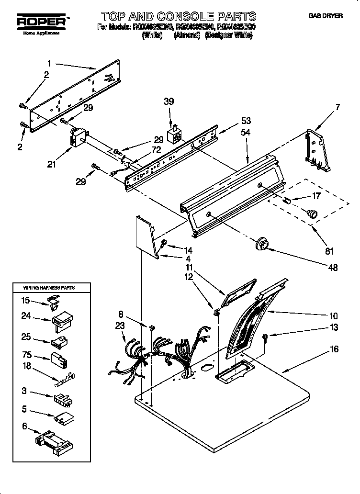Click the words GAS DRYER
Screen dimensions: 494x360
326,16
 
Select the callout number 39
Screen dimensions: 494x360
169,101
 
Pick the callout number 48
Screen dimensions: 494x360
332,268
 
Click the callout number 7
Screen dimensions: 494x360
338,107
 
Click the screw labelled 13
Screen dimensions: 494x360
266,338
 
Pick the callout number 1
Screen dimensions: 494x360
49,63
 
